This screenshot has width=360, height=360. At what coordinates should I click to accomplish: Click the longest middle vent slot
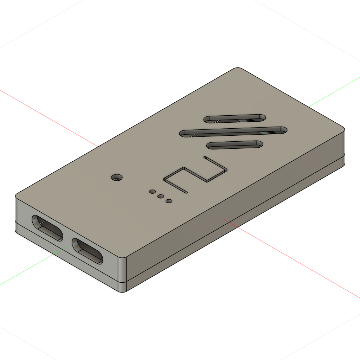pyautogui.click(x=233, y=131)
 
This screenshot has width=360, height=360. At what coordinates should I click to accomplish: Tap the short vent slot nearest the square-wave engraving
pyautogui.click(x=235, y=145)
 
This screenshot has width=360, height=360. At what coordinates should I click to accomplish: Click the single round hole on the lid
pyautogui.click(x=116, y=177)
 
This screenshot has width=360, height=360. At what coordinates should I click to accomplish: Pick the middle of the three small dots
pyautogui.click(x=161, y=197)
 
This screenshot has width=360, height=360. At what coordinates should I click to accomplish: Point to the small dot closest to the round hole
pyautogui.click(x=153, y=192)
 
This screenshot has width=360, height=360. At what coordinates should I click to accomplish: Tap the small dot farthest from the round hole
pyautogui.click(x=169, y=201)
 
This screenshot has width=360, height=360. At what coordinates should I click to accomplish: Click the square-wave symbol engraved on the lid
pyautogui.click(x=195, y=175)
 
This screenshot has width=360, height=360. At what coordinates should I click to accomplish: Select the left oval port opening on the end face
pyautogui.click(x=47, y=228)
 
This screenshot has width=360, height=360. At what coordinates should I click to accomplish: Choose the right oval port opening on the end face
pyautogui.click(x=88, y=251)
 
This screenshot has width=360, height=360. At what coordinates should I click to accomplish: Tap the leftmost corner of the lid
pyautogui.click(x=17, y=195)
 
